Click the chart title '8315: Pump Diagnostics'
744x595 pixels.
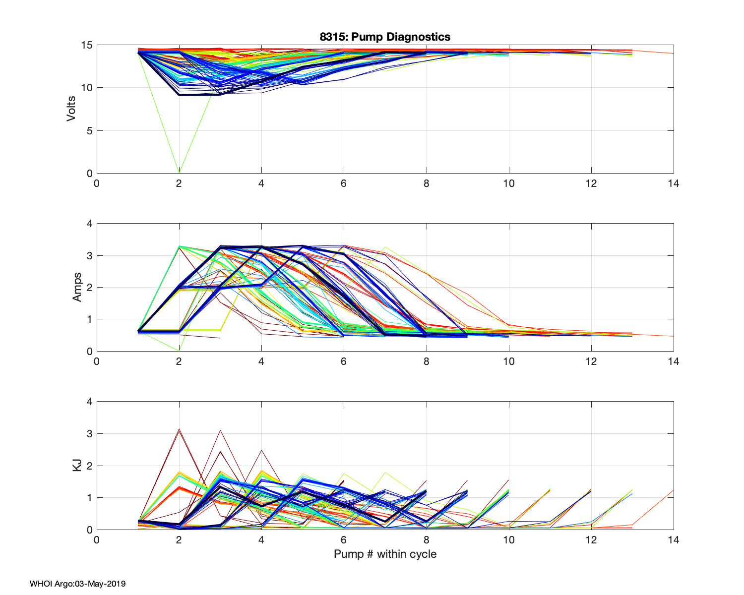pyautogui.click(x=385, y=37)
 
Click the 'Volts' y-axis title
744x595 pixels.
pyautogui.click(x=71, y=109)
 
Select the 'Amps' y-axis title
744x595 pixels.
pyautogui.click(x=77, y=287)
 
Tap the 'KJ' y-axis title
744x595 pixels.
pyautogui.click(x=77, y=465)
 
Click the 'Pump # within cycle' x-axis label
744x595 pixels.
pyautogui.click(x=385, y=554)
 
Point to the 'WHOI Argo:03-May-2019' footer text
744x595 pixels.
pyautogui.click(x=77, y=584)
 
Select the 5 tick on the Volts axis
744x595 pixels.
pyautogui.click(x=89, y=131)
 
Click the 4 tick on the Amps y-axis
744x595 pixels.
pyautogui.click(x=89, y=224)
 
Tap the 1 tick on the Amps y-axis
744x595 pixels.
pyautogui.click(x=89, y=319)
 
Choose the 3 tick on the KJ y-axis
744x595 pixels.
pyautogui.click(x=89, y=434)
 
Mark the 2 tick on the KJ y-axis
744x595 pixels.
pyautogui.click(x=89, y=466)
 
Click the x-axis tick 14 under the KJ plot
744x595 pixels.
pyautogui.click(x=673, y=540)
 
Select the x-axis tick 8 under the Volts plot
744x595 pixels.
pyautogui.click(x=426, y=183)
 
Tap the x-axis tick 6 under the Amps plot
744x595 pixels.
pyautogui.click(x=344, y=361)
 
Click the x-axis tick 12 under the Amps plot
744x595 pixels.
pyautogui.click(x=591, y=361)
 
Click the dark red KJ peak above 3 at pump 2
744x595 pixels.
pyautogui.click(x=179, y=429)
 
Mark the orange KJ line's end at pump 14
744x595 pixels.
pyautogui.click(x=673, y=490)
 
